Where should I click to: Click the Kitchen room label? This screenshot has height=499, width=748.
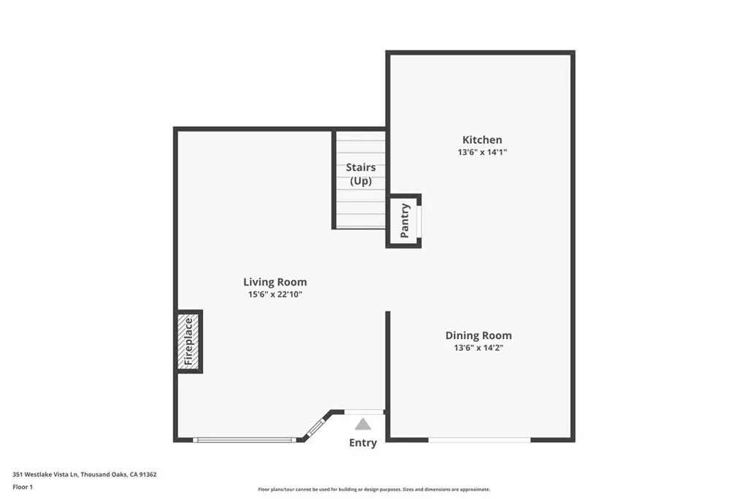(x=482, y=140)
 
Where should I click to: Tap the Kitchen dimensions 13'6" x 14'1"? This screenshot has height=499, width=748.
(x=482, y=152)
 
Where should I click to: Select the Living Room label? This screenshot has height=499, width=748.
(x=275, y=282)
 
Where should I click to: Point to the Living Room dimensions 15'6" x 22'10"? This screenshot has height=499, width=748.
(x=275, y=294)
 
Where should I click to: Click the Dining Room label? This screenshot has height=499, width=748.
(x=478, y=335)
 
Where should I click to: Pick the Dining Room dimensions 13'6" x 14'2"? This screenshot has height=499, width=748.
(x=478, y=348)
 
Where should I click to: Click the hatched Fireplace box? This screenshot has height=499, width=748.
(x=189, y=342)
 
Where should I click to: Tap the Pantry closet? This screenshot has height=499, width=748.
(x=403, y=221)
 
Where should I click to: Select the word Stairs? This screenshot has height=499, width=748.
(x=361, y=167)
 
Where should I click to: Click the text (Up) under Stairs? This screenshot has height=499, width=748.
(x=361, y=181)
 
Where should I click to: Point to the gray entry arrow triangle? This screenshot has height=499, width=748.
(x=363, y=424)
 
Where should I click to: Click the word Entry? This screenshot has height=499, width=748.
(x=363, y=443)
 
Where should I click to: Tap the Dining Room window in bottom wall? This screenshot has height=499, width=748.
(x=479, y=440)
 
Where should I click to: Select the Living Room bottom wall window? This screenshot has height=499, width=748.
(x=245, y=440)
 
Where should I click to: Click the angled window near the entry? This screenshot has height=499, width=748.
(x=315, y=427)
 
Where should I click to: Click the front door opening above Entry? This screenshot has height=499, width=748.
(x=364, y=412)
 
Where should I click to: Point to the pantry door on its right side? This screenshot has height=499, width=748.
(x=419, y=221)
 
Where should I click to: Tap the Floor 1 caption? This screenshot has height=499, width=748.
(x=23, y=487)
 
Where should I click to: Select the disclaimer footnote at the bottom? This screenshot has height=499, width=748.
(x=374, y=490)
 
